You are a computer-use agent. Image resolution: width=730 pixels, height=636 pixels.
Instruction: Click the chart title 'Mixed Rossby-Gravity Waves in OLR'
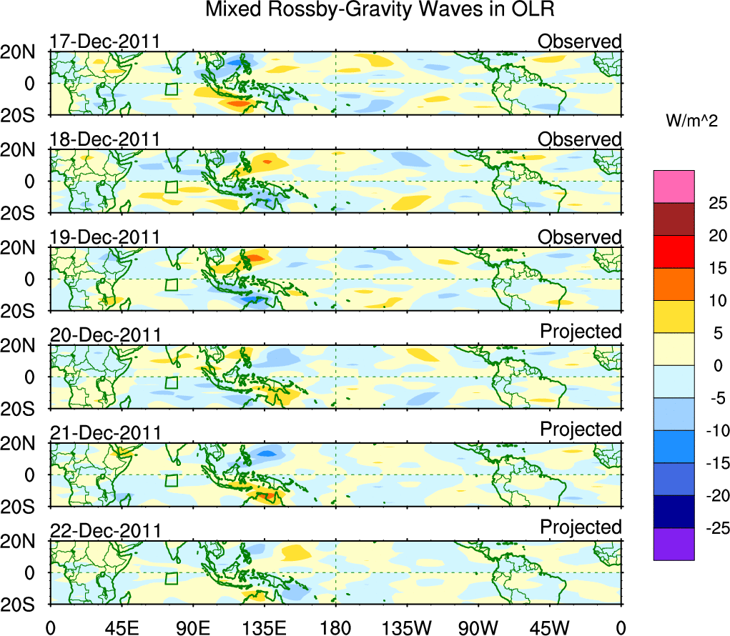380,10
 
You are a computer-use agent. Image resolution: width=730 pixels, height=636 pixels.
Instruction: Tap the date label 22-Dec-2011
105,531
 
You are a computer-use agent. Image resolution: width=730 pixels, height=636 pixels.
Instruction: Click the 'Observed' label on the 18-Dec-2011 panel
580,139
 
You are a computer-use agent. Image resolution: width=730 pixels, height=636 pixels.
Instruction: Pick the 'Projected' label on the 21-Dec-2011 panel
581,429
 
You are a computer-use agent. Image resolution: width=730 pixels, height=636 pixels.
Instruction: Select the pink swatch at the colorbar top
674,187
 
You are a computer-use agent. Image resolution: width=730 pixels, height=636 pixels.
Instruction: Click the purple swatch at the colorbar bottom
674,544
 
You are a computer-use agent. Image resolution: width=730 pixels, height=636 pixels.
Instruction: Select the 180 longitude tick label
335,627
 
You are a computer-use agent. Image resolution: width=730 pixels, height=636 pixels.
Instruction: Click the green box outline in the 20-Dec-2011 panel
171,382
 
